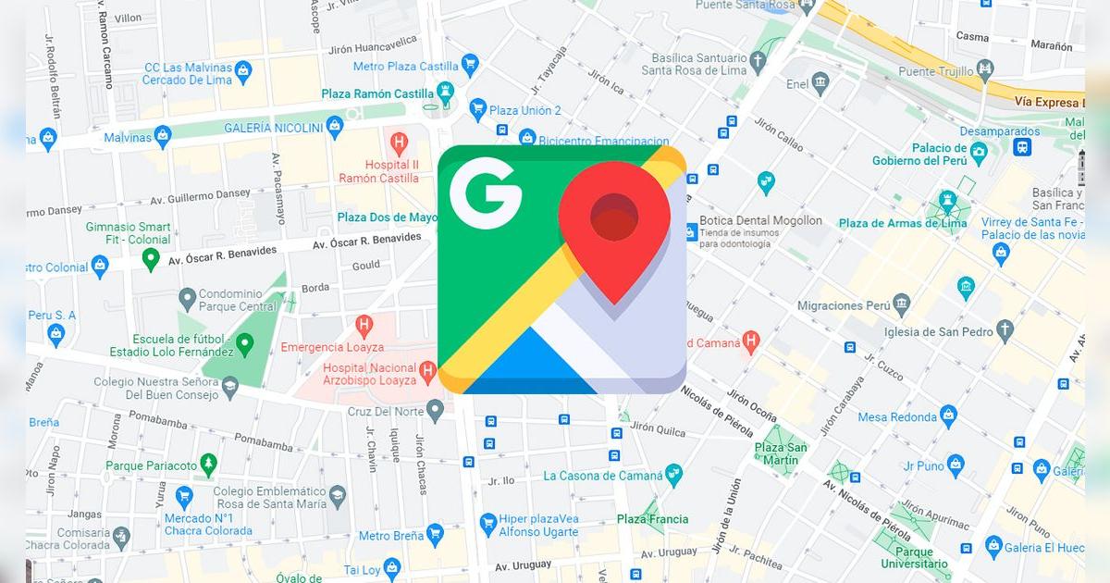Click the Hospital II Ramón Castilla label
[x=378, y=171]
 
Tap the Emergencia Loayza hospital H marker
[x=364, y=325]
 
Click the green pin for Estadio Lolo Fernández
[x=244, y=345]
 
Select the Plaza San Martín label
[x=781, y=453]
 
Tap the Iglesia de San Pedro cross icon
[x=1005, y=330]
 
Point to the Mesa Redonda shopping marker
[x=948, y=416]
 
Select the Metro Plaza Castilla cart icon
[x=470, y=65]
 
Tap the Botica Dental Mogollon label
[x=760, y=221]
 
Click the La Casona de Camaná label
[x=603, y=476]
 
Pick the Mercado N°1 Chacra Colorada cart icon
[x=184, y=496]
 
